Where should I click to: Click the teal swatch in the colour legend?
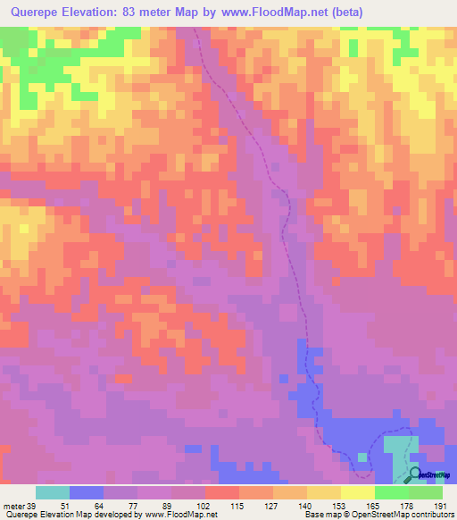click(x=53, y=492)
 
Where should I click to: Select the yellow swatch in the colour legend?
click(x=358, y=492)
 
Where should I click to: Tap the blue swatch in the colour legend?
click(x=87, y=492)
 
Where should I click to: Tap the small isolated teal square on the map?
click(x=361, y=457)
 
